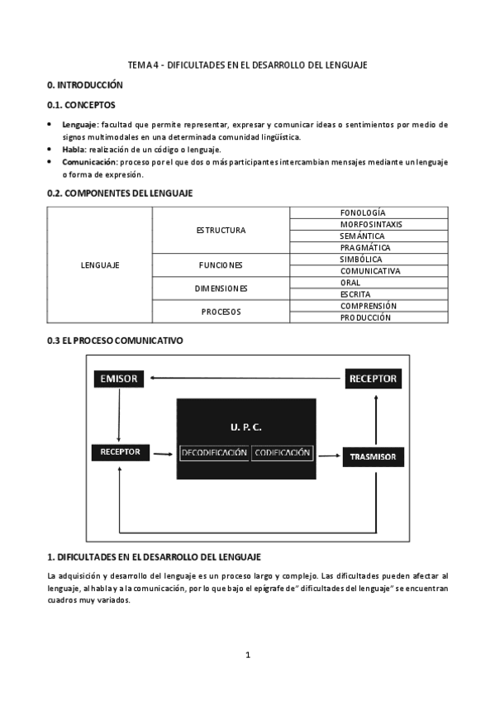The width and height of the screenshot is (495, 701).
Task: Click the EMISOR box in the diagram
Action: (x=119, y=379)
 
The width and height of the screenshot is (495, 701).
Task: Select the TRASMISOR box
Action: (x=372, y=456)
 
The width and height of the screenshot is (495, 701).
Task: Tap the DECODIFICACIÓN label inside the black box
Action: (x=214, y=453)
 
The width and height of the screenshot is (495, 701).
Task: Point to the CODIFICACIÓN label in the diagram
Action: (x=283, y=453)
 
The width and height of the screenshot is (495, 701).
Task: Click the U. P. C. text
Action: (x=246, y=427)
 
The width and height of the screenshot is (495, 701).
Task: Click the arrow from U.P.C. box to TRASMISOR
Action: (x=329, y=454)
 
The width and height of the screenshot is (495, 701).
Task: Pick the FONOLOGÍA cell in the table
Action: (x=368, y=212)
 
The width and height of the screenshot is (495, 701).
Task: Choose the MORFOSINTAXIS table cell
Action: (x=368, y=224)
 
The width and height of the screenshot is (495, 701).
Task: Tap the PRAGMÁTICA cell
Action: (x=368, y=248)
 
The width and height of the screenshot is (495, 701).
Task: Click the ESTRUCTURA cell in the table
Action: (x=221, y=230)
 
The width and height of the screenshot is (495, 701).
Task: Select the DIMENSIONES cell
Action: (x=221, y=289)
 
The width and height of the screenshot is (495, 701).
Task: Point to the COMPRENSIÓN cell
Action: (x=368, y=306)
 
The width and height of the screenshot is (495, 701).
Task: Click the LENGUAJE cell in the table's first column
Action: (x=100, y=265)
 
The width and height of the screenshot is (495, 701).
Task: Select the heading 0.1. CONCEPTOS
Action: (x=82, y=105)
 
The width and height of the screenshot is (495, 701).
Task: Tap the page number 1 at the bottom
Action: (x=247, y=656)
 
